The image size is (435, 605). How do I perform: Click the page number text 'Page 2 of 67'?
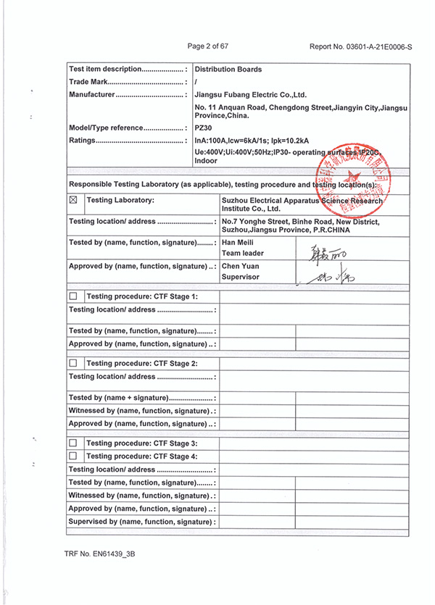point(208,46)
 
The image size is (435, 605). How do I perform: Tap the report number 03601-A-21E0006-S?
point(360,47)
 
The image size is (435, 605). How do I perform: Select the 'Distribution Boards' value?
point(228,70)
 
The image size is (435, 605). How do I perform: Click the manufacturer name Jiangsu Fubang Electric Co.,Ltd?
point(251,94)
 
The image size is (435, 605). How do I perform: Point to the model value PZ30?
point(203,128)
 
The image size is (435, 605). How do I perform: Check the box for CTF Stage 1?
point(73,297)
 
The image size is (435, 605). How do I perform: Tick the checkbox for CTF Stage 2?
point(73,363)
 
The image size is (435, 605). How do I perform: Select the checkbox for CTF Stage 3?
point(73,443)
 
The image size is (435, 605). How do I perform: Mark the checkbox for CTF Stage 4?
point(73,456)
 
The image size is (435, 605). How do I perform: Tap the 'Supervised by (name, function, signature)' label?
point(142,522)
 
